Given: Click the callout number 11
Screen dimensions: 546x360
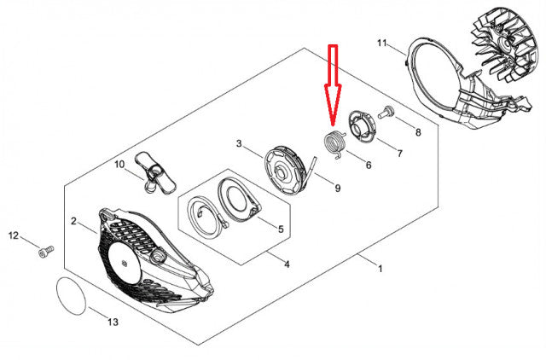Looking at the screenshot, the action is click(381, 44).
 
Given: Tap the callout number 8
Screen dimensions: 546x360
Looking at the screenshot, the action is click(418, 132).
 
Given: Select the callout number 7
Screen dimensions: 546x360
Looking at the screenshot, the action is click(400, 154).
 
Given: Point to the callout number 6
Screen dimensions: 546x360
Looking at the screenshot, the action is click(369, 165).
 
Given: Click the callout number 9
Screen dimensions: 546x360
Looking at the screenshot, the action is click(338, 188).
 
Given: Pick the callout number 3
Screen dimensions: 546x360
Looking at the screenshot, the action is click(239, 143).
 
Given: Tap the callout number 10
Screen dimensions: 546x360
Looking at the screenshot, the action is click(119, 164).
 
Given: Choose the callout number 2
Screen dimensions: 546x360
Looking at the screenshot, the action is click(73, 221).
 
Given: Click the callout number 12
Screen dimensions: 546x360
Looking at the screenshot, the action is click(14, 235).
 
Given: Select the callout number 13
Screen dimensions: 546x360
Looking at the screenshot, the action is click(113, 322).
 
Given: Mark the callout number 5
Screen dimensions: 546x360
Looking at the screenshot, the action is click(281, 229).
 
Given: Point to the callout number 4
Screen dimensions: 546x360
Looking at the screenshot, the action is click(287, 264).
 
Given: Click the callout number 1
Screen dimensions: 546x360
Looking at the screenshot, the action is click(380, 269).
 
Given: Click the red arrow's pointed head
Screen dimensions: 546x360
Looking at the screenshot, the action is click(333, 125).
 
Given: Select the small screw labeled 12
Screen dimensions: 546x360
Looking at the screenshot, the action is click(46, 252).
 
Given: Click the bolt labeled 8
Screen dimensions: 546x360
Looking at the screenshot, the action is click(386, 112).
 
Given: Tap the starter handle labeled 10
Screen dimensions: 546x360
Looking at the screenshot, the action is click(155, 172).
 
